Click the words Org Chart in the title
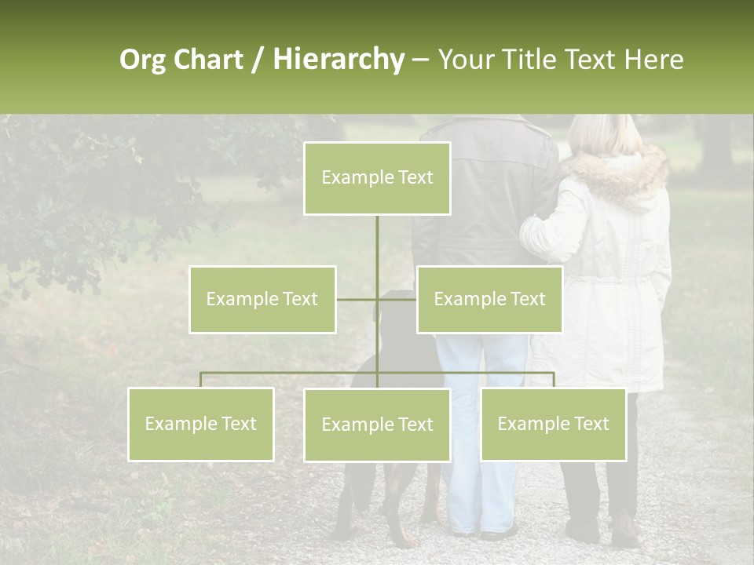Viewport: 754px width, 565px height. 181,60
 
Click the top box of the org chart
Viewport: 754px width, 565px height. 377,178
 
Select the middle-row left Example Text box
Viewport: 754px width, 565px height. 262,300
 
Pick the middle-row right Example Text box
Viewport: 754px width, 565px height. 489,300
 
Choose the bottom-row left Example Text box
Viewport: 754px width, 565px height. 201,425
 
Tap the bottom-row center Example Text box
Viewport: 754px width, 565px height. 377,425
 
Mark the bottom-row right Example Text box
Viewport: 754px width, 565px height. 553,425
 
